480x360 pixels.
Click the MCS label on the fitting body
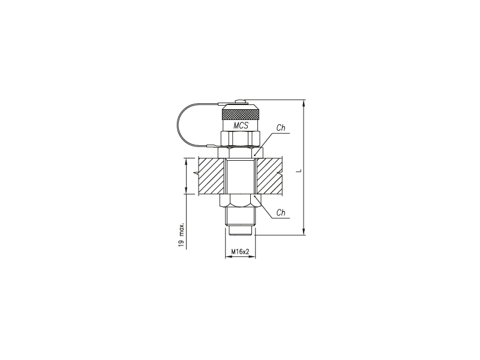tap(241, 125)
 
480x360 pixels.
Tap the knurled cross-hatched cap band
tap(241, 115)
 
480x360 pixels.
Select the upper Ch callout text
tap(281, 128)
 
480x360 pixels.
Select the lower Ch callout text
tap(281, 212)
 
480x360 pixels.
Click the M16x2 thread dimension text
tap(241, 251)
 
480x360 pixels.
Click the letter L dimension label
tap(300, 170)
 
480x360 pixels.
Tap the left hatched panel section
tap(211, 176)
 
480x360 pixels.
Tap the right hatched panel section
tap(269, 176)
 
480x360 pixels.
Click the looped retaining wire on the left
tap(177, 125)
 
